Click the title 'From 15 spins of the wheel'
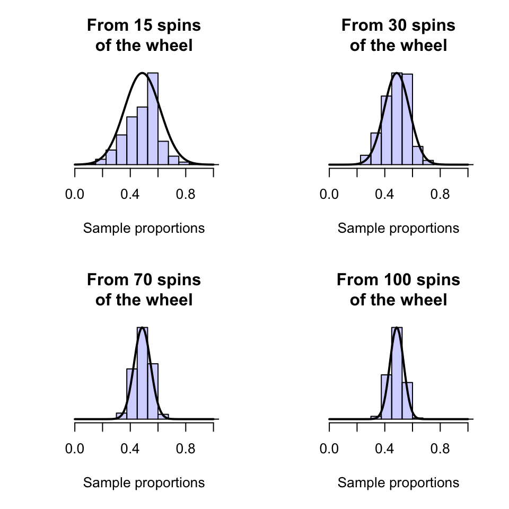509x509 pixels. click(144, 36)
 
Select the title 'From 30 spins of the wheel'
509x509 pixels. click(398, 36)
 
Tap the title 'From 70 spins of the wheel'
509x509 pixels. click(144, 289)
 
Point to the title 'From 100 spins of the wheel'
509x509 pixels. click(398, 289)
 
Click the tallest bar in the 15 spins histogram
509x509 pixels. click(153, 119)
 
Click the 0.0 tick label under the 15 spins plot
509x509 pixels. click(75, 195)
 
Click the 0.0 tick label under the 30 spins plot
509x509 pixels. click(329, 195)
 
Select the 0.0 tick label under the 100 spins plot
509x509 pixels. click(329, 449)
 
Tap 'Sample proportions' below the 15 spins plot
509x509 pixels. click(144, 229)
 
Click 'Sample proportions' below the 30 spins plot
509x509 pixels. click(398, 229)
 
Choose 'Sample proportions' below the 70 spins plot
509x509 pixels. click(144, 483)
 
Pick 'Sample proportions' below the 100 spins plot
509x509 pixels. click(398, 483)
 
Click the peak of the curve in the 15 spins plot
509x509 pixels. click(142, 73)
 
